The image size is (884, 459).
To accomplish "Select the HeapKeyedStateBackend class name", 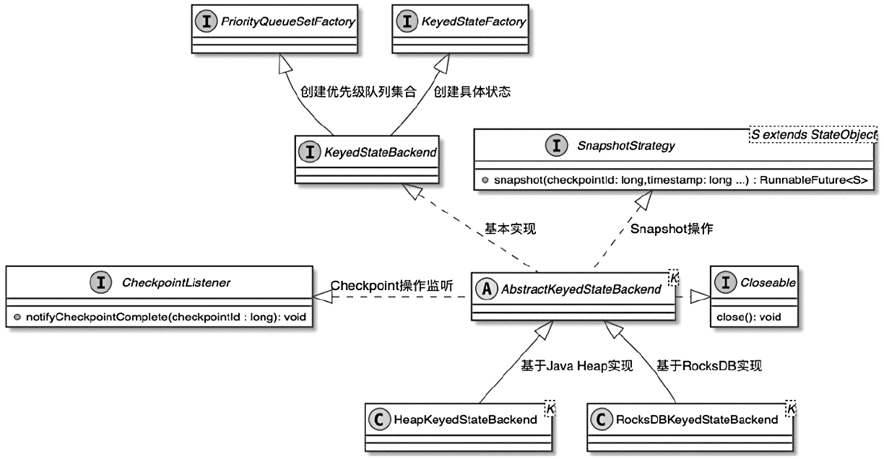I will [x=466, y=419].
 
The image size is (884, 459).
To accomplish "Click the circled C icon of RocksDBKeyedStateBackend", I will [x=599, y=419].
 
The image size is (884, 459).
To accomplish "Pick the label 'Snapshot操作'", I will [x=671, y=229].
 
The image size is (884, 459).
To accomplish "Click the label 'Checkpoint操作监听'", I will [x=392, y=285].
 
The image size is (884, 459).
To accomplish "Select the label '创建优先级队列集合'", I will [x=357, y=92].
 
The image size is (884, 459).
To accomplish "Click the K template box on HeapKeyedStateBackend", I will [x=549, y=408].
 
